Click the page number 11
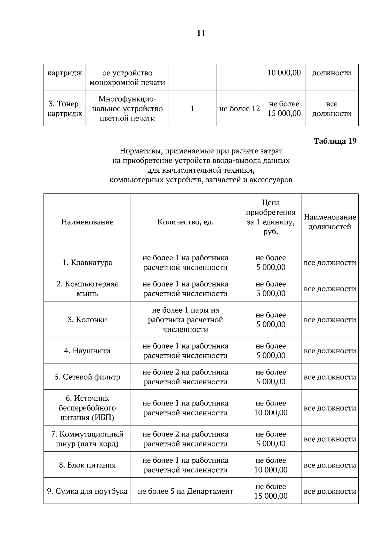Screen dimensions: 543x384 [x=201, y=33]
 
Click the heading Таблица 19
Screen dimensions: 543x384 [x=335, y=141]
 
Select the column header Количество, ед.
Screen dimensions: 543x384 [x=185, y=222]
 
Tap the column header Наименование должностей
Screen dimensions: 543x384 [x=330, y=222]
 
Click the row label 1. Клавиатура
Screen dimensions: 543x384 [x=87, y=263]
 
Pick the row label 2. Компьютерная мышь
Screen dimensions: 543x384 [x=87, y=289]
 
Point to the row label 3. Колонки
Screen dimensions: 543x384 [x=87, y=320]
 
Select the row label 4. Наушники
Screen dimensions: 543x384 [x=87, y=351]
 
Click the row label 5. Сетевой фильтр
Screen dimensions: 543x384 [x=87, y=377]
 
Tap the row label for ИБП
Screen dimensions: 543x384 [x=87, y=408]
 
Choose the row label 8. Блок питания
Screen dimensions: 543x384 [x=87, y=465]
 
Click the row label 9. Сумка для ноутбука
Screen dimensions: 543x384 [x=87, y=491]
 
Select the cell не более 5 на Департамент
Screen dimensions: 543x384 [x=185, y=491]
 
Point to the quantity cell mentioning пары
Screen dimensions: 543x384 [x=185, y=320]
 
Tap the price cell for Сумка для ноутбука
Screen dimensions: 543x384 [x=271, y=491]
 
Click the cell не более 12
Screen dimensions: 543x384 [x=239, y=109]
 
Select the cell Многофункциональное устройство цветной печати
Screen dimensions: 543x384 [x=127, y=109]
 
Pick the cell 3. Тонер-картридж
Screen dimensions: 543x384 [x=65, y=109]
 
